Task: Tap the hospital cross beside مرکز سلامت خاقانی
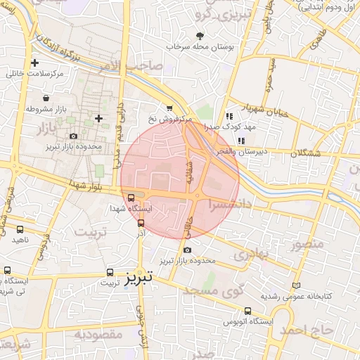tap(34, 63)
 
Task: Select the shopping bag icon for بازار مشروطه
tap(46, 98)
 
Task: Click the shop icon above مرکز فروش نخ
tap(169, 108)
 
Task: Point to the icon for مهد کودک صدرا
tap(229, 116)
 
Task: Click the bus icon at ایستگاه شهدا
tap(131, 198)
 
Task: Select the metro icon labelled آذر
tap(141, 223)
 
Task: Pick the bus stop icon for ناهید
tap(19, 229)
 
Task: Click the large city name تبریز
tap(139, 277)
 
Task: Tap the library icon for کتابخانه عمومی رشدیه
tap(296, 285)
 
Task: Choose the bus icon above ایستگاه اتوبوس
tap(247, 310)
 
